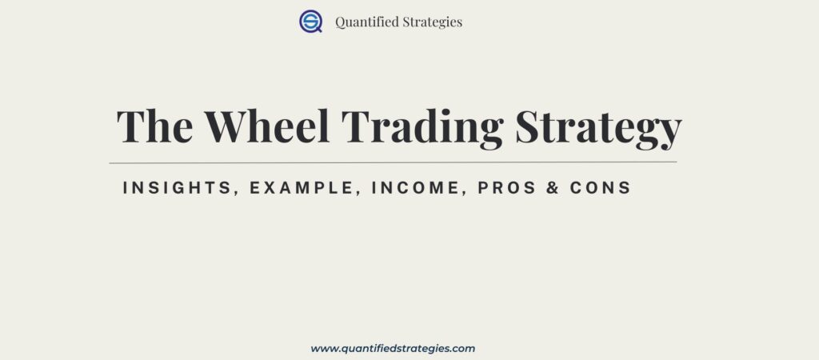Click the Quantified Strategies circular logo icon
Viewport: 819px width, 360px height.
310,22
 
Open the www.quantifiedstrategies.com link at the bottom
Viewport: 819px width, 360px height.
393,349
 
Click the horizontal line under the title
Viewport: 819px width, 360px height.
393,162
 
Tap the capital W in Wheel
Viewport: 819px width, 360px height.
229,126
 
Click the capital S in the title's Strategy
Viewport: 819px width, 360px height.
530,126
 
